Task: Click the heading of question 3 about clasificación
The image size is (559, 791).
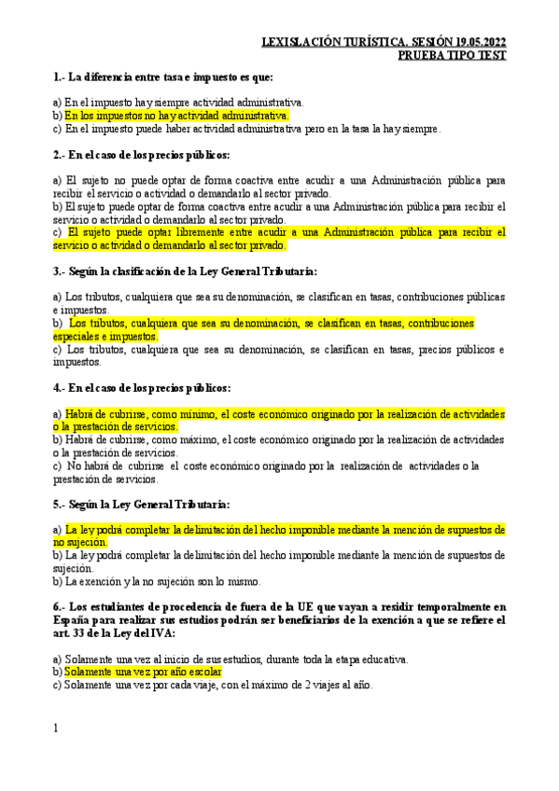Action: (x=186, y=271)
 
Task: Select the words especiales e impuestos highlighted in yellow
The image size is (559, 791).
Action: (x=105, y=336)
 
